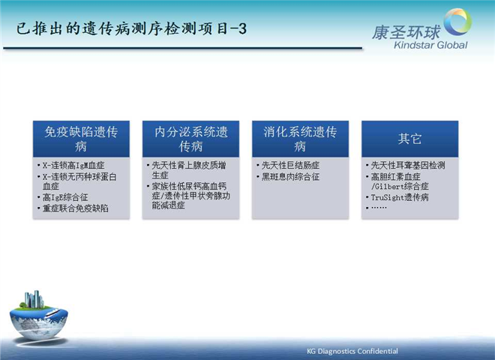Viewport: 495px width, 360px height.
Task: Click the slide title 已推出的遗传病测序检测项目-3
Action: click(x=131, y=28)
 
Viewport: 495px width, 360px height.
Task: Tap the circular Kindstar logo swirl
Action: click(x=458, y=22)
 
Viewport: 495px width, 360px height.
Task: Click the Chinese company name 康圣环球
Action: click(x=406, y=32)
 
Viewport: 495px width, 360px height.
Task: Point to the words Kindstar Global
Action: click(x=430, y=45)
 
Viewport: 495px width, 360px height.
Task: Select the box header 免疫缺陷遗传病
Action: click(x=81, y=139)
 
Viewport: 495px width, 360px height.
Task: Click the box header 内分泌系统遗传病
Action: click(x=190, y=139)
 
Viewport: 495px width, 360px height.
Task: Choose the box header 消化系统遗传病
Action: click(x=300, y=139)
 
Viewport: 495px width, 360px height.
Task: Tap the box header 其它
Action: click(x=409, y=139)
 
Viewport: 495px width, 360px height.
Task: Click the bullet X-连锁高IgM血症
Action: click(x=73, y=166)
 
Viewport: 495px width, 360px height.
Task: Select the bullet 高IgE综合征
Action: click(x=65, y=198)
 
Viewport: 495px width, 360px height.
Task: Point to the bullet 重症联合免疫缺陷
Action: click(x=76, y=208)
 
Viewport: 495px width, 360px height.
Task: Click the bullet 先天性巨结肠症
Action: click(x=290, y=166)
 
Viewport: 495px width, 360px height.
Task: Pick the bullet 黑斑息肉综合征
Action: click(x=290, y=177)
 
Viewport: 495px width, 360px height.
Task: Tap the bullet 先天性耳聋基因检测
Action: click(x=408, y=166)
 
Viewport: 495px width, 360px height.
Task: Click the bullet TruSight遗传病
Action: click(x=400, y=198)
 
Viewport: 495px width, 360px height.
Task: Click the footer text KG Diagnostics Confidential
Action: click(x=352, y=351)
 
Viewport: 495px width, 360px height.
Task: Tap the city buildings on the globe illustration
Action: click(x=34, y=299)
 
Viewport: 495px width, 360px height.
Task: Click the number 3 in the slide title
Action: click(x=242, y=29)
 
